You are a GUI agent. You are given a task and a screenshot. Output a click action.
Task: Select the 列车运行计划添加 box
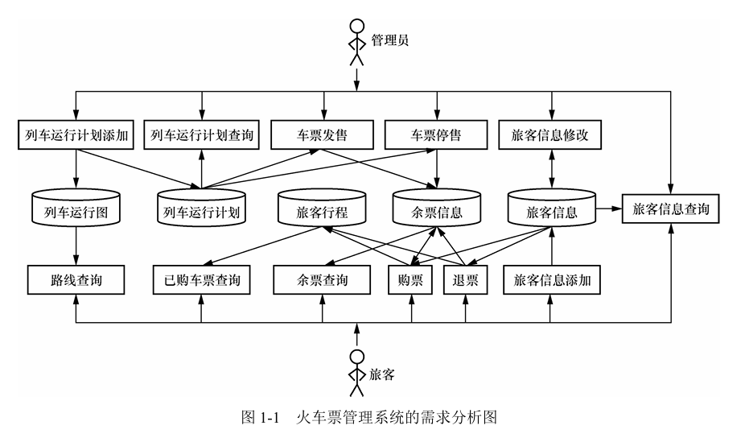(x=75, y=135)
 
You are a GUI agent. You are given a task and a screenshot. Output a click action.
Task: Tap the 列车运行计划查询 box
(x=202, y=135)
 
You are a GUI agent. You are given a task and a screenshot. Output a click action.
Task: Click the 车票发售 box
(x=323, y=135)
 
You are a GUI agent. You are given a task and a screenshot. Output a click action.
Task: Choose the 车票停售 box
(x=436, y=135)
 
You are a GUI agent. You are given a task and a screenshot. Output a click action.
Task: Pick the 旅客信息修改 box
(x=550, y=135)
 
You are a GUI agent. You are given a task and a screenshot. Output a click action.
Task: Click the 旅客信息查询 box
(x=670, y=210)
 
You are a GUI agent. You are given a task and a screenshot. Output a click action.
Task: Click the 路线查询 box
(x=75, y=280)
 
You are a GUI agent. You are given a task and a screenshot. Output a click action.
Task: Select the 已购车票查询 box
(x=202, y=280)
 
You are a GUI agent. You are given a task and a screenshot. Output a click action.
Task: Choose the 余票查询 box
(x=322, y=280)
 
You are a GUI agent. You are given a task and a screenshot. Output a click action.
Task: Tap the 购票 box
(x=411, y=280)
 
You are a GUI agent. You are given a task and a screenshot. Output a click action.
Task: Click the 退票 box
(x=465, y=280)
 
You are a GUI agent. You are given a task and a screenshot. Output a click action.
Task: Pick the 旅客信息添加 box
(x=551, y=280)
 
